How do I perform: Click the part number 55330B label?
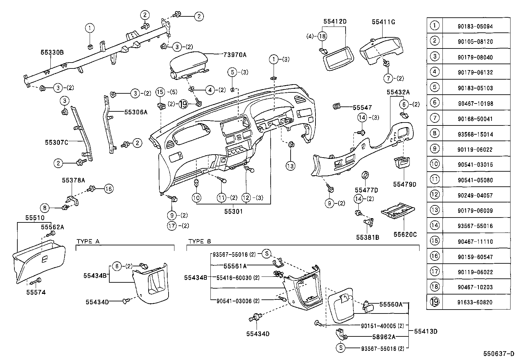click(x=52, y=52)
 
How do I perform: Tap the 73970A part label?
click(x=235, y=55)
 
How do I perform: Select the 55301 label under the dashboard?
click(x=233, y=211)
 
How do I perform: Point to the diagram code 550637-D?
click(x=499, y=354)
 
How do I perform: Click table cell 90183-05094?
click(x=475, y=26)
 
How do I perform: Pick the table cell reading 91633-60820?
click(x=475, y=302)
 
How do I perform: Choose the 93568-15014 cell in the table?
click(x=475, y=134)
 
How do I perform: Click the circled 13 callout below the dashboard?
click(x=291, y=166)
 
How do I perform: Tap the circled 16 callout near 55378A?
click(x=109, y=189)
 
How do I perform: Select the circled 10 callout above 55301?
click(x=196, y=198)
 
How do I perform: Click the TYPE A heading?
click(x=88, y=241)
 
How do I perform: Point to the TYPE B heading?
click(x=200, y=241)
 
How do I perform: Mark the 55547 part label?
click(x=362, y=107)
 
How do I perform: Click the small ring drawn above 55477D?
click(x=365, y=175)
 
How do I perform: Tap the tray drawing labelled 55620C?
click(x=398, y=211)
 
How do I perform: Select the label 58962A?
click(x=384, y=337)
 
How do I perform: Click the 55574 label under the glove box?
click(x=36, y=292)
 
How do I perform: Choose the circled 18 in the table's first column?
click(x=435, y=287)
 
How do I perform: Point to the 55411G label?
click(x=383, y=22)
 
